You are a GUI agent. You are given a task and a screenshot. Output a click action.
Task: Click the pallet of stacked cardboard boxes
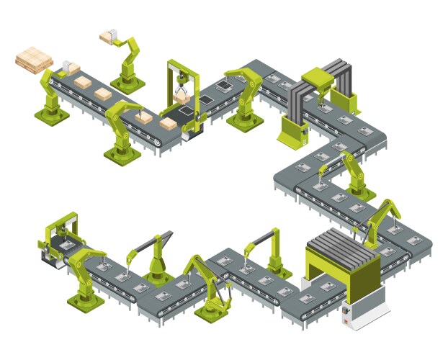tap(33, 59)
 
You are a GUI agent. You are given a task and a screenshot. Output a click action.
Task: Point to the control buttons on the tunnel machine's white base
tap(346, 311)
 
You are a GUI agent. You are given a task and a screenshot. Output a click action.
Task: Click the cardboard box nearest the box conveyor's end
tap(168, 124)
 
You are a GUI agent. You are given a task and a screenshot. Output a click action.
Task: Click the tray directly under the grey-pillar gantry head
tap(324, 109)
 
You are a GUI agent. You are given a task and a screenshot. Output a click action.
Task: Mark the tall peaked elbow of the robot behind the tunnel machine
tap(391, 202)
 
